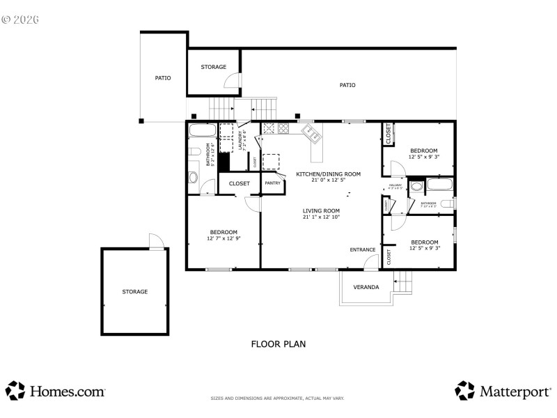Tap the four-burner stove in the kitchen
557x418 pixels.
[284, 128]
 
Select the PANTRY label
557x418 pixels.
[272, 183]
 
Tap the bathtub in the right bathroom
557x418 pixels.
[439, 185]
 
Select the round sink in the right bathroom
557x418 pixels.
[416, 186]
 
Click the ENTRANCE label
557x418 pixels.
[362, 249]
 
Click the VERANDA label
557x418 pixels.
[366, 287]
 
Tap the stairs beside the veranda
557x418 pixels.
[402, 281]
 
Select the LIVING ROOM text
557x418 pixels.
[321, 210]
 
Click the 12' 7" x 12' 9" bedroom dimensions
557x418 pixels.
[223, 239]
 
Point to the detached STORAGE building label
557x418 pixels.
[134, 291]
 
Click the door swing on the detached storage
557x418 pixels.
[157, 242]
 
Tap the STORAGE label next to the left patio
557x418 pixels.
[213, 67]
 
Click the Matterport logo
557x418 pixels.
[503, 392]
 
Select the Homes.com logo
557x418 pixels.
[56, 392]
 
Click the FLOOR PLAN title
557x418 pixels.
[278, 343]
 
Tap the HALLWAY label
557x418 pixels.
[395, 185]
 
